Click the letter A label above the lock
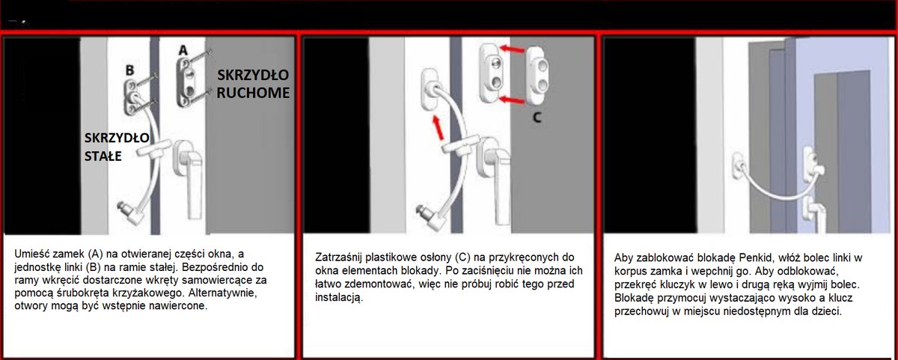pos(183,50)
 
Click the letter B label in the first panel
pos(129,70)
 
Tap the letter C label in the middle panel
pos(537,118)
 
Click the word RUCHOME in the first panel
pos(253,93)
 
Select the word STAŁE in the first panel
pos(103,156)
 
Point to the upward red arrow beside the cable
pos(439,128)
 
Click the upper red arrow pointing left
pos(512,49)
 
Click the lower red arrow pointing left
pos(512,100)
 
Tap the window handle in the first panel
pos(189,177)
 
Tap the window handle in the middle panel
pos(496,177)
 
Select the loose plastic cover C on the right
pos(537,75)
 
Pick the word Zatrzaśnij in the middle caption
pos(338,257)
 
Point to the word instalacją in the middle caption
pos(339,297)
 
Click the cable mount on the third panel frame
pos(738,166)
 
